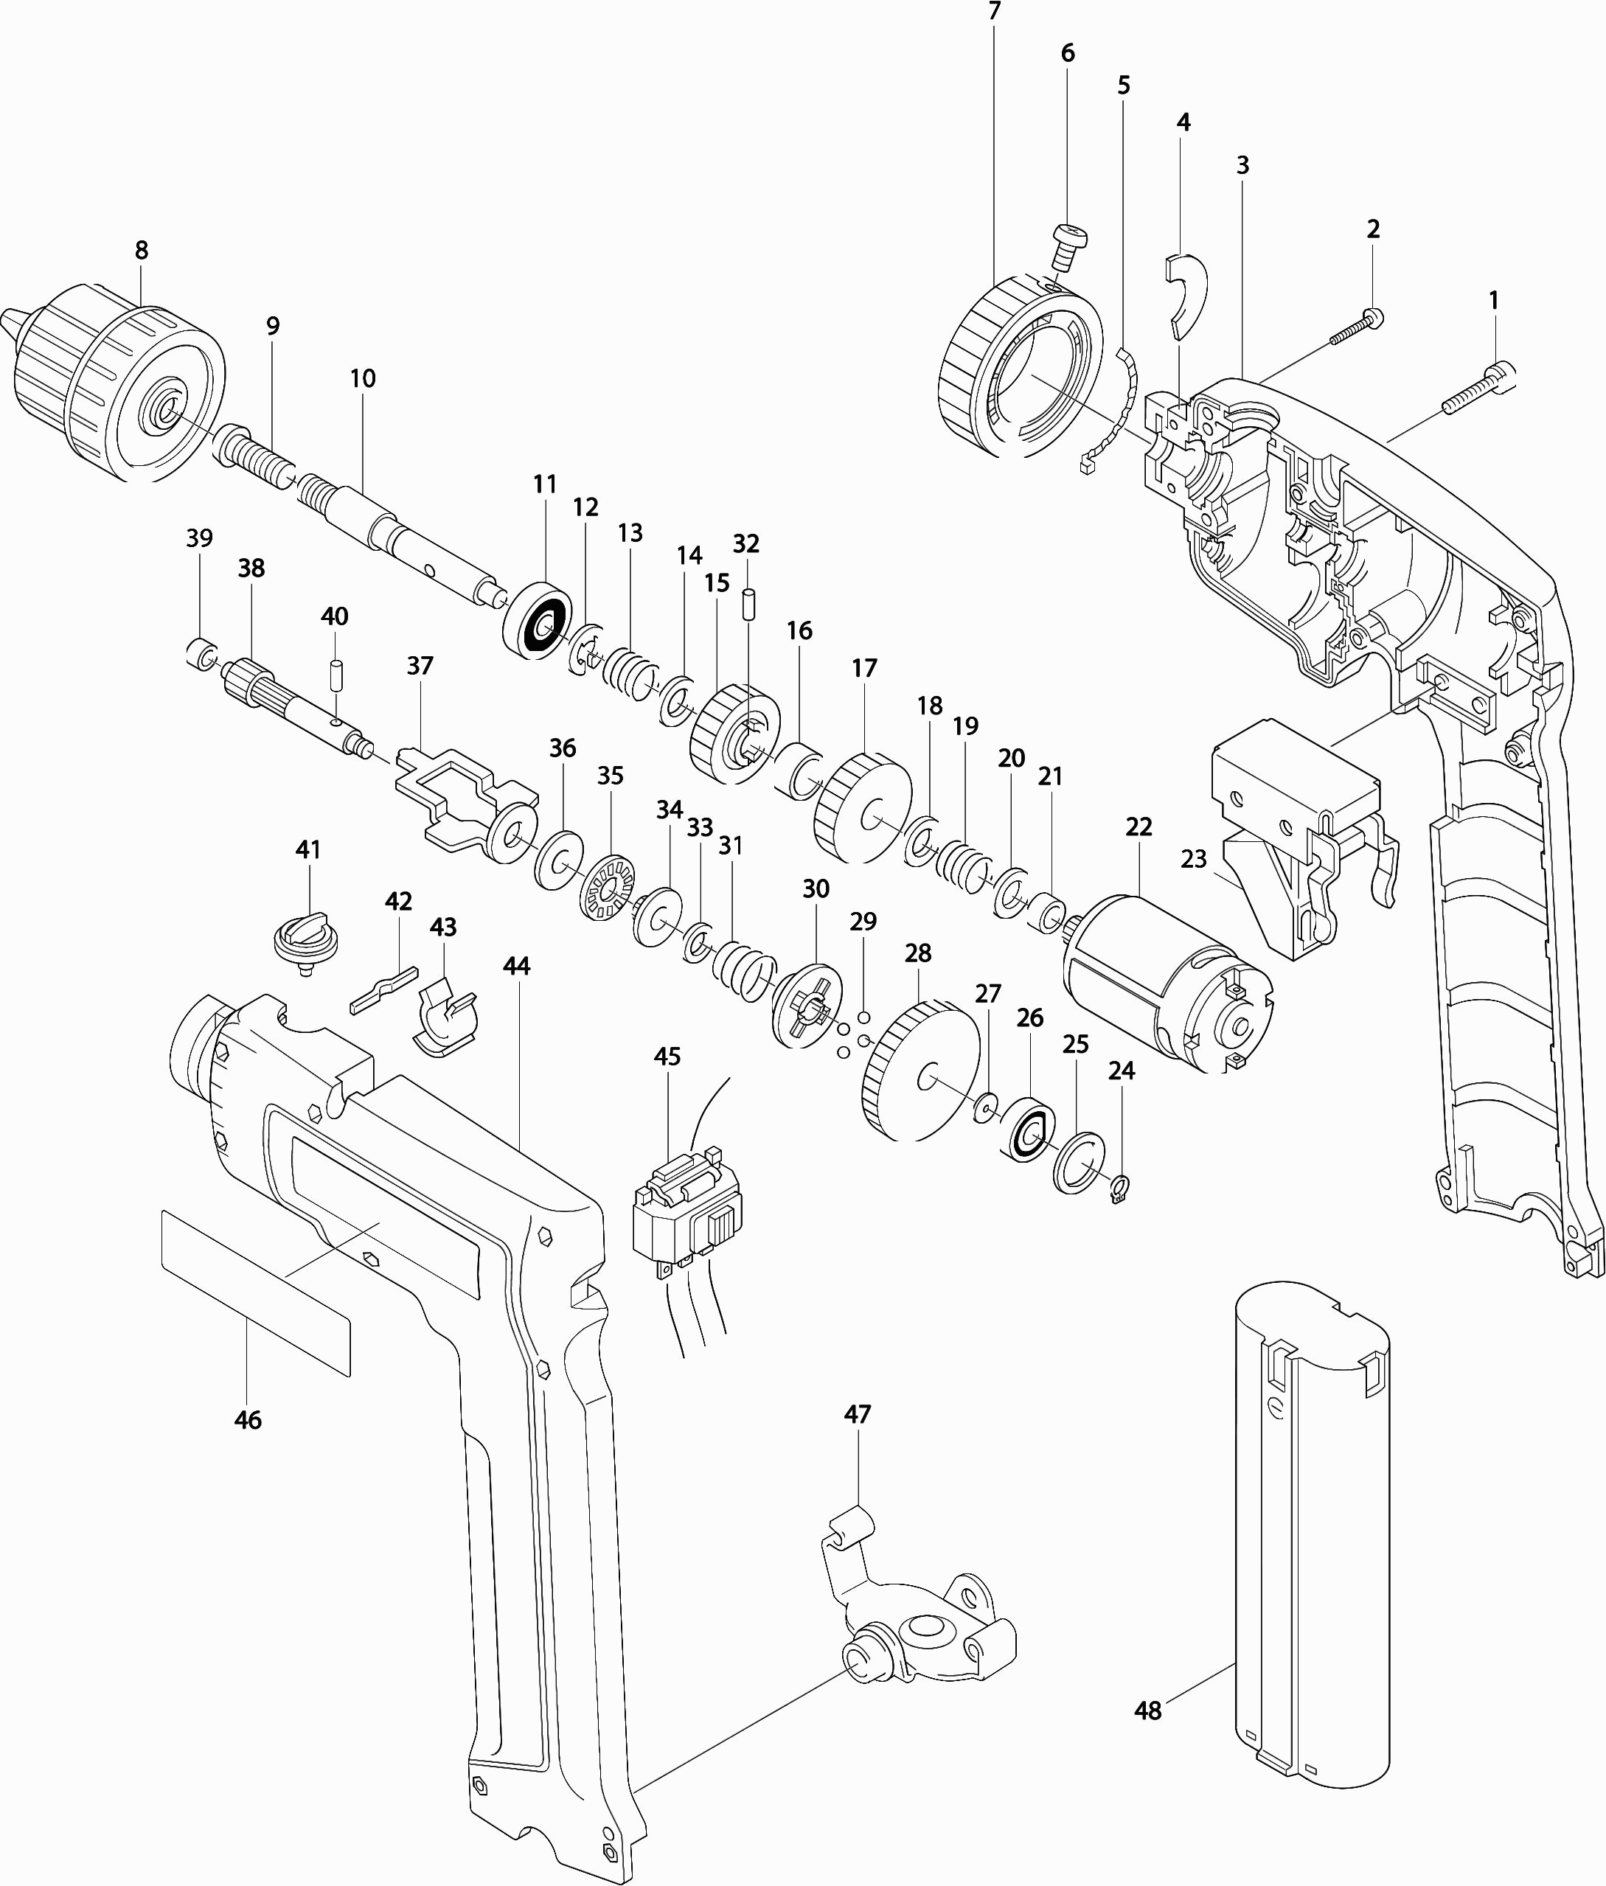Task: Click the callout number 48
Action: click(x=1148, y=1711)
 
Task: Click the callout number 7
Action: click(x=993, y=12)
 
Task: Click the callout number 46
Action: click(x=248, y=1420)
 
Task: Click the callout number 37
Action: click(x=420, y=665)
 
